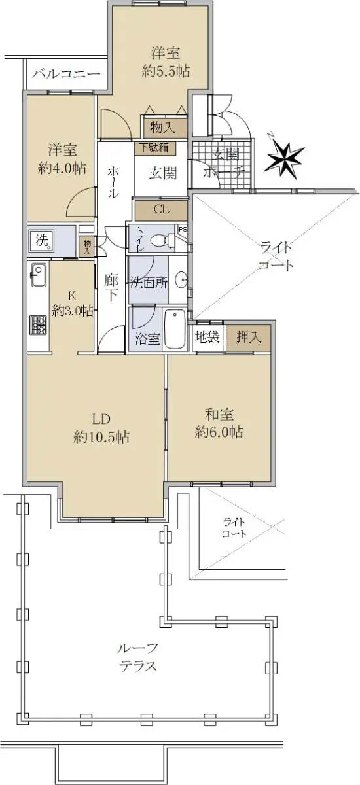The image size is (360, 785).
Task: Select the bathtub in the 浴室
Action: pyautogui.click(x=175, y=330)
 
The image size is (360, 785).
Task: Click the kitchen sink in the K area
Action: pyautogui.click(x=38, y=275)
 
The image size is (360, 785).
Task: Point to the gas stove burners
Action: pyautogui.click(x=38, y=324)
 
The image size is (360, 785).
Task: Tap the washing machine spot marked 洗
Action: pyautogui.click(x=42, y=241)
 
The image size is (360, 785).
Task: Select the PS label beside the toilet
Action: pyautogui.click(x=183, y=229)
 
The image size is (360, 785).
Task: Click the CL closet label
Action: pyautogui.click(x=162, y=209)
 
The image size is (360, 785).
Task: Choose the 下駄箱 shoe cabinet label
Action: pyautogui.click(x=154, y=147)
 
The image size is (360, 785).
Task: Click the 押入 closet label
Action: pyautogui.click(x=249, y=337)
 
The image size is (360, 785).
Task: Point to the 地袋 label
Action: pyautogui.click(x=207, y=337)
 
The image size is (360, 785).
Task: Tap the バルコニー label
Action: pyautogui.click(x=67, y=74)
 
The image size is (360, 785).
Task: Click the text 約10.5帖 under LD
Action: pyautogui.click(x=101, y=437)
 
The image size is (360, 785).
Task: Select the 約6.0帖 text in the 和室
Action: pyautogui.click(x=219, y=432)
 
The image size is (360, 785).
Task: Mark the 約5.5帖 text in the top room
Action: pyautogui.click(x=166, y=71)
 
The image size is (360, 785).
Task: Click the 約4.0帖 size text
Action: pyautogui.click(x=62, y=168)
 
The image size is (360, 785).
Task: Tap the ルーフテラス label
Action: pyautogui.click(x=137, y=657)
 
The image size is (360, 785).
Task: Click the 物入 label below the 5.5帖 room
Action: pyautogui.click(x=162, y=127)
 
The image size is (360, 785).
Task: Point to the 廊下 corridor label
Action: pyautogui.click(x=111, y=287)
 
